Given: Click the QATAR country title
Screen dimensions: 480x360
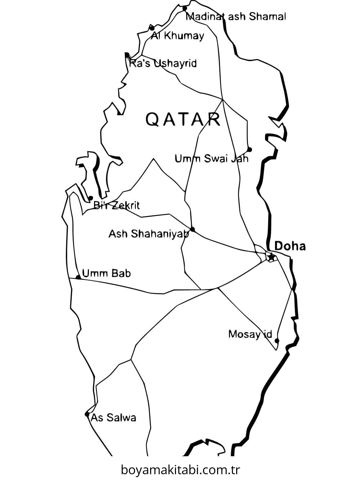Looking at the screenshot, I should pos(183,119).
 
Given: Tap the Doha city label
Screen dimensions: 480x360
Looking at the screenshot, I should pos(290,246).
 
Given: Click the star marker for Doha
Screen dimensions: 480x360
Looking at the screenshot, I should pos(271,257).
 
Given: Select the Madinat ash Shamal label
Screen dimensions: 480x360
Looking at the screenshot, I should pos(236,17).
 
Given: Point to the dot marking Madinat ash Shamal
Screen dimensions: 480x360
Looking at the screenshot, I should pos(185,8).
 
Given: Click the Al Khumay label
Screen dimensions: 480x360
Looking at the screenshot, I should pos(177,36).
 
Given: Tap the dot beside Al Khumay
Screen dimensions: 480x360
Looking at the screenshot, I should pos(152,28).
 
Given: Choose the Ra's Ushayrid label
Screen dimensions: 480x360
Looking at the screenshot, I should pos(163,64).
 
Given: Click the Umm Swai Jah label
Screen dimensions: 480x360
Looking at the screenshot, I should pos(211,158).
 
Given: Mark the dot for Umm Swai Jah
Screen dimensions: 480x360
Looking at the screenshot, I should pos(249,149).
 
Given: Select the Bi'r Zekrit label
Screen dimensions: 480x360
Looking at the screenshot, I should pos(116,206).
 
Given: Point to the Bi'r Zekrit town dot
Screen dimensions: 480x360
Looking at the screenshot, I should pos(91,198).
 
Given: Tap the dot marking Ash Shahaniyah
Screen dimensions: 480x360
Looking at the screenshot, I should pos(192,229).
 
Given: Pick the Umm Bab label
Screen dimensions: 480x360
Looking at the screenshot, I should pos(107,273).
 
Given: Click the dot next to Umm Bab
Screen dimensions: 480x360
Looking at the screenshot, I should pos(78,277).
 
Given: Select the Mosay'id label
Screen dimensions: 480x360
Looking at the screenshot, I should pos(250,334).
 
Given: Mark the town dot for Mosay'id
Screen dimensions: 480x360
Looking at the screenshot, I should pos(276,341).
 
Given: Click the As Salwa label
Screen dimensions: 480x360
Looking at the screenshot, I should pos(113,418).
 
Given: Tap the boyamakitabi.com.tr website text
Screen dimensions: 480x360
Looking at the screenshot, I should pos(180,470).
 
